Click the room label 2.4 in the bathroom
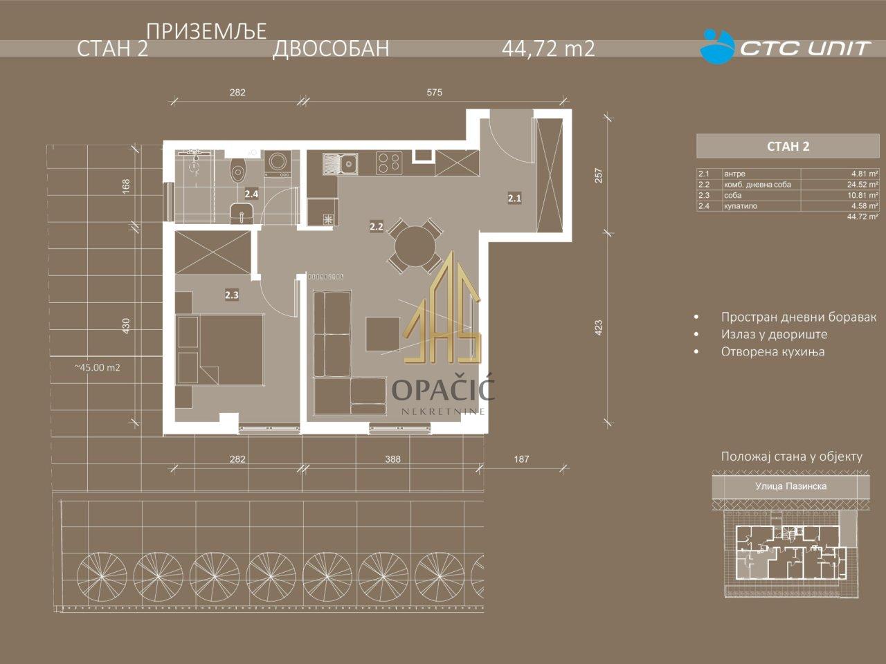(x=251, y=194)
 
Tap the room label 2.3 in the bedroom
(x=232, y=295)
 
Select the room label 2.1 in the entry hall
(x=514, y=199)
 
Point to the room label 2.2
(x=376, y=227)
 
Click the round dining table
(x=415, y=246)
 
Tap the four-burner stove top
(x=390, y=163)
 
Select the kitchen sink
(x=340, y=164)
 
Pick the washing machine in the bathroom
(x=277, y=164)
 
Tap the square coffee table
(x=383, y=334)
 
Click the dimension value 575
(x=434, y=92)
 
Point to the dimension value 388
(x=392, y=459)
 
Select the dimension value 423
(x=599, y=328)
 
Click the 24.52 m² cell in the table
(x=862, y=185)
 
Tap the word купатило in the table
(x=741, y=206)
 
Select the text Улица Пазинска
(x=790, y=486)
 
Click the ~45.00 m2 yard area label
(x=98, y=368)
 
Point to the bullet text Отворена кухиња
(x=772, y=351)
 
